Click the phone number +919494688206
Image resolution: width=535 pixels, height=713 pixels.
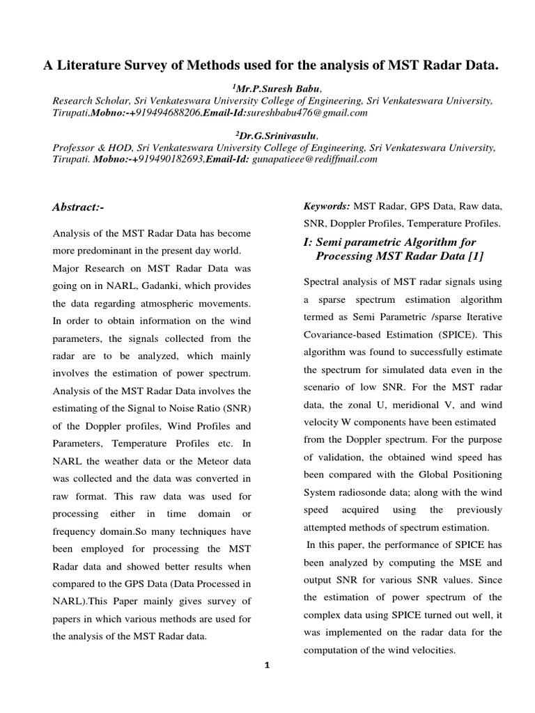162,112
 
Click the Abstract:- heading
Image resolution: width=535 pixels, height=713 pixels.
78,207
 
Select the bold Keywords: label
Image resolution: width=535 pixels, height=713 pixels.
327,206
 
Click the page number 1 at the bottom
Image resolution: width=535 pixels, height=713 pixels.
266,666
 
